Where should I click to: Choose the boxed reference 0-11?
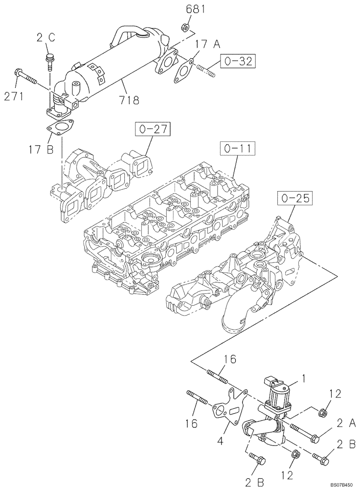pos(237,147)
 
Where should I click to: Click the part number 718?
pos(128,100)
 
